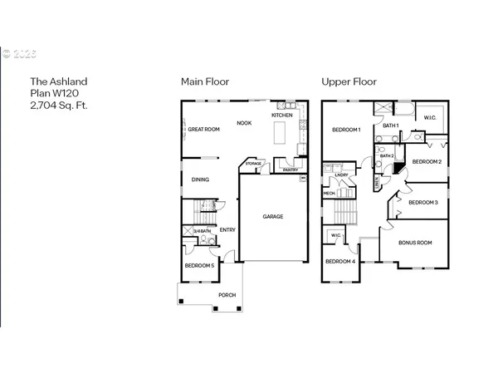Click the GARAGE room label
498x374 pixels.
274,217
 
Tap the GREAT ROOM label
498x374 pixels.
203,130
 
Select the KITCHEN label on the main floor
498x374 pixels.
282,115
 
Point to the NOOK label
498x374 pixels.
244,123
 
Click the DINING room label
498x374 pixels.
200,180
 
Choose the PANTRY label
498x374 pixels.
290,170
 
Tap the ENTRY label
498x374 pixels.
227,229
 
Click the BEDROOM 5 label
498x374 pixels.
201,265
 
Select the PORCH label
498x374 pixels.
227,295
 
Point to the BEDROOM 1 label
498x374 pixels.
346,130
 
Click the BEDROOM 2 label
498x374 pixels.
427,161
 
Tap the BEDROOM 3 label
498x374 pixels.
423,202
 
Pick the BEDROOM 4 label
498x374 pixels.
340,262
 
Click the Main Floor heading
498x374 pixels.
205,81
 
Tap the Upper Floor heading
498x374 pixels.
349,81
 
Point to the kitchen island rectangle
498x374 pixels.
279,132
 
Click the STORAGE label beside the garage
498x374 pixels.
253,164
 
